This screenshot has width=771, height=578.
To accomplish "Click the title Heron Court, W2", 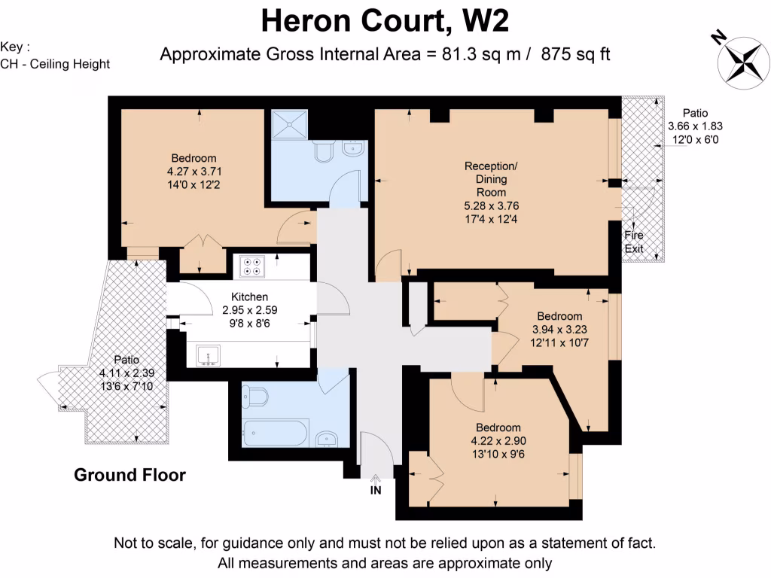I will point(385,20).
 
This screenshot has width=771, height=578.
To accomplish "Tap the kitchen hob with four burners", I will point(251,266).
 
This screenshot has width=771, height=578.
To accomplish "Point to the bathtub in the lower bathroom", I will point(275,433).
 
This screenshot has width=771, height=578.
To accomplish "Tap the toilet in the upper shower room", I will point(324,154).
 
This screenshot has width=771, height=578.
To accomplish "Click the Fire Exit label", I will point(634,242).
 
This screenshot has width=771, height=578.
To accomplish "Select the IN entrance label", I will point(376,491).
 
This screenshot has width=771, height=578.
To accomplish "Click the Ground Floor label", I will point(130,475).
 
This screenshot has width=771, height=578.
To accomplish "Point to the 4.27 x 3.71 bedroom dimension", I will point(194,171).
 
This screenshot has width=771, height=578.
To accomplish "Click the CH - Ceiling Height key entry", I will point(55,64).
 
